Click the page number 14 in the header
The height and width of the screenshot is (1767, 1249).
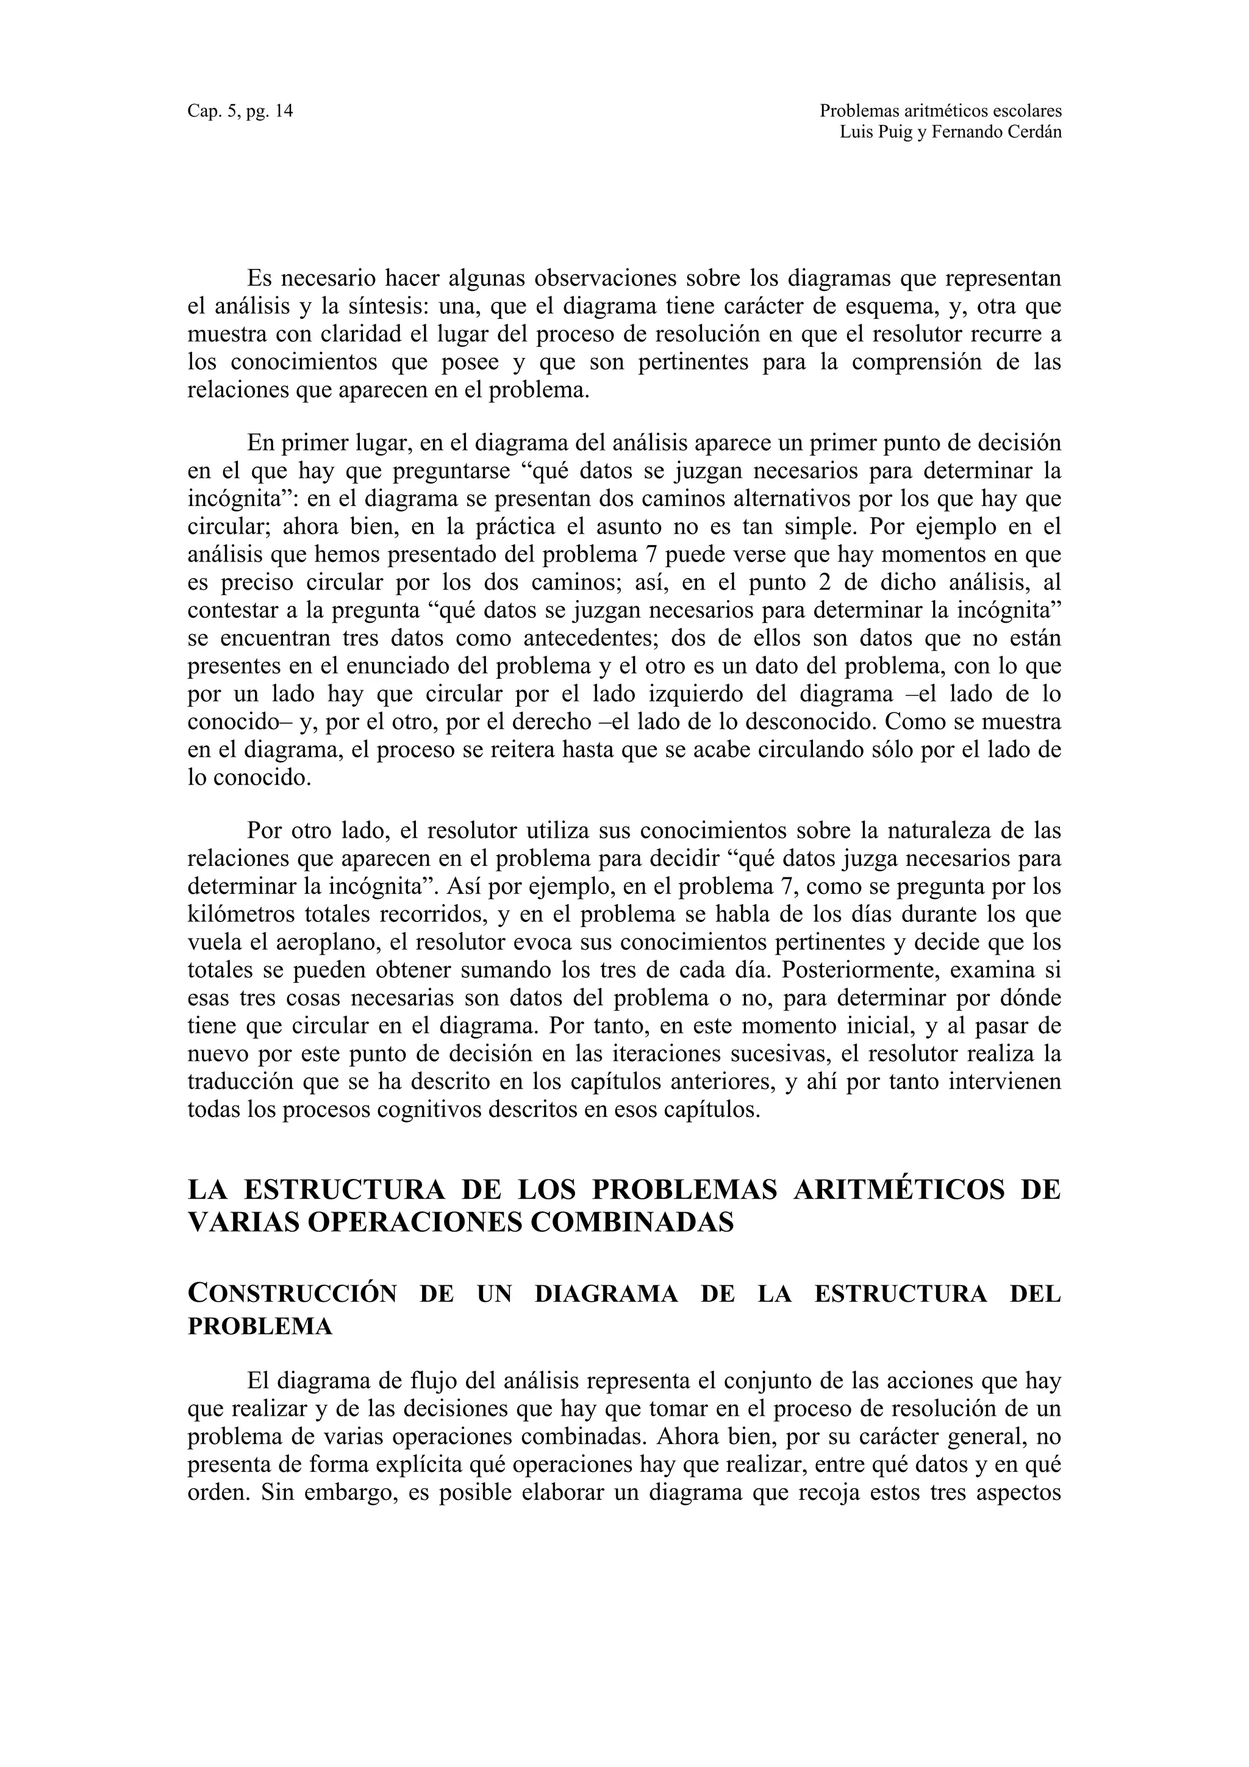[x=283, y=112]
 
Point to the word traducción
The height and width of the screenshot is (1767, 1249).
[x=238, y=1081]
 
